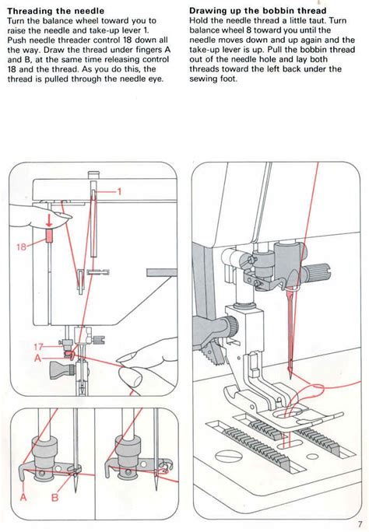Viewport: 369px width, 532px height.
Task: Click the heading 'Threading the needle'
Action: pyautogui.click(x=49, y=10)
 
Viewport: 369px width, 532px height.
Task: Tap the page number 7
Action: pyautogui.click(x=360, y=524)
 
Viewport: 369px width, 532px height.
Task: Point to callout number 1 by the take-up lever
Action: pyautogui.click(x=121, y=191)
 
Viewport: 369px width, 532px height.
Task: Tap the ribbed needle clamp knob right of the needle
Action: pyautogui.click(x=317, y=273)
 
